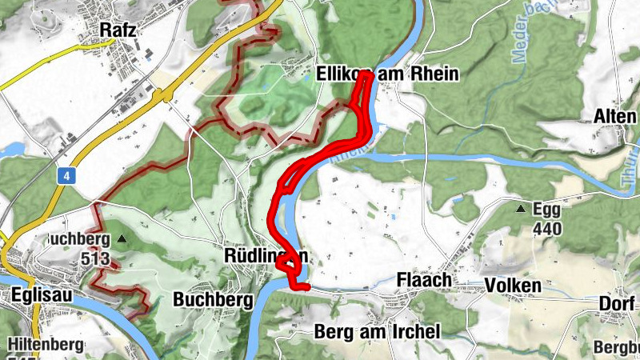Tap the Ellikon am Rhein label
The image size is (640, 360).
pos(387,74)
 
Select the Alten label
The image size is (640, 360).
pos(614,116)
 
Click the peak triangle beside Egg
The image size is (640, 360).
pos(522,210)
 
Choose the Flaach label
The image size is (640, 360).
pos(424,281)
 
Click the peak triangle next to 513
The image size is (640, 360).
pos(122,238)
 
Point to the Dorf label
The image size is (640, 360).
pos(617,304)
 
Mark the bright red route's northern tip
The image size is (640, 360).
pos(366,74)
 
